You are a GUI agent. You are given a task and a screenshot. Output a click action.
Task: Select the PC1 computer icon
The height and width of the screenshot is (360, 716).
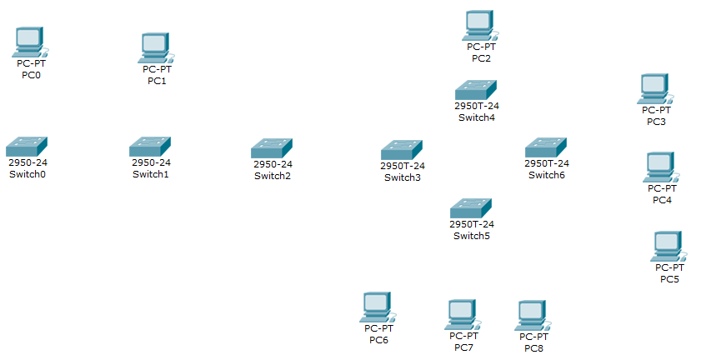point(155,48)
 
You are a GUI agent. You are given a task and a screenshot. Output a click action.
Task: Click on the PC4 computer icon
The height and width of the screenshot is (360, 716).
point(660,167)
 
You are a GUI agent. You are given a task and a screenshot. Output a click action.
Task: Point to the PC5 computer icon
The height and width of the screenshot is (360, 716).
point(668,246)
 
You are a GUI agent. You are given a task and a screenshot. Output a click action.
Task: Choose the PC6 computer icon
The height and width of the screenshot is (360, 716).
point(378,307)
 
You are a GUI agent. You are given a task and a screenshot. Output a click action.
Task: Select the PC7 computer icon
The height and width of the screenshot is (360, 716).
point(460,314)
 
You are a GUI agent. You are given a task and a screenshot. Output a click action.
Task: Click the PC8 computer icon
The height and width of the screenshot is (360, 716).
point(531,315)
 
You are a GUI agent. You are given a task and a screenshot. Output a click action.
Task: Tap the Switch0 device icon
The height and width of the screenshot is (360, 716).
point(27,146)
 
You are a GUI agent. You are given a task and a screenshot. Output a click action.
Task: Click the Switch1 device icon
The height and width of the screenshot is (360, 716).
point(150,147)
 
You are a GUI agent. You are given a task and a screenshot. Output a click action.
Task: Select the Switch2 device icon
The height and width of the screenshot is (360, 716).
point(272,148)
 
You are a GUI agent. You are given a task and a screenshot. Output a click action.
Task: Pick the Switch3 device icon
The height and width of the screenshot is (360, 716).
point(402,150)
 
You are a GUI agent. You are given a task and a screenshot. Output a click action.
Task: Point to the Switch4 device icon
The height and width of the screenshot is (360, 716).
point(475,90)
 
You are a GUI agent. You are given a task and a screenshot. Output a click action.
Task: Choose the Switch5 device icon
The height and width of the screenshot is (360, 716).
point(471,208)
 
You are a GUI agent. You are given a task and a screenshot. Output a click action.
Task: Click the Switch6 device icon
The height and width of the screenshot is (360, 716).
point(546,147)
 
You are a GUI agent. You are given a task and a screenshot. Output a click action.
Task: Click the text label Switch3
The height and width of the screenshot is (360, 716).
point(403,177)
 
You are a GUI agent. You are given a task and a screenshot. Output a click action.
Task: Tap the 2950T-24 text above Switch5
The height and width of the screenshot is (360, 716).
point(472,225)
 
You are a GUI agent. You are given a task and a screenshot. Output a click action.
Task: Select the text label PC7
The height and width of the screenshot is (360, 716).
point(461,347)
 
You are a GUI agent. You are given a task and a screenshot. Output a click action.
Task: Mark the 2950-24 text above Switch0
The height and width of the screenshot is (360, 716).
point(28,162)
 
